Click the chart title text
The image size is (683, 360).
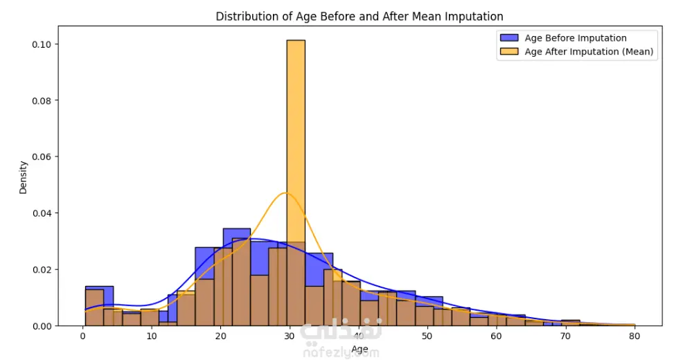pos(360,16)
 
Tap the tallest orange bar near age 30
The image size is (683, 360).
pos(296,138)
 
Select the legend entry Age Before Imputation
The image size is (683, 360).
pos(575,38)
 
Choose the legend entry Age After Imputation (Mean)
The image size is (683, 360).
pos(589,51)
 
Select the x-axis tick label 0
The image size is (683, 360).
pos(83,336)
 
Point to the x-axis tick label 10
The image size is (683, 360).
pos(152,336)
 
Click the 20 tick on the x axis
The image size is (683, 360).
pos(221,336)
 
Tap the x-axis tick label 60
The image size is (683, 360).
pos(497,336)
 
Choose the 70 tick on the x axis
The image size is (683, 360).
pos(565,336)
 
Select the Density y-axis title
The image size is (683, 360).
pos(23,177)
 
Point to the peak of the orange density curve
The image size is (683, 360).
pos(285,192)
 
